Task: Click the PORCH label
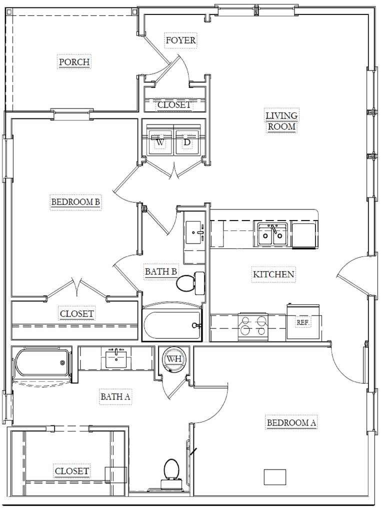[x=74, y=61]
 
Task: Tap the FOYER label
[x=180, y=40]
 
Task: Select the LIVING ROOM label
[x=281, y=121]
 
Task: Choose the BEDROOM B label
[x=75, y=202]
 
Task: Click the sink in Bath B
[x=194, y=232]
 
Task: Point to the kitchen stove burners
[x=253, y=325]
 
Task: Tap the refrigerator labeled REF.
[x=302, y=322]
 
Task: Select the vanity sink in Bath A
[x=116, y=358]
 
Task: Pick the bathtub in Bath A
[x=41, y=363]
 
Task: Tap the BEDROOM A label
[x=291, y=422]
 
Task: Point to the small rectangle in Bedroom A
[x=274, y=477]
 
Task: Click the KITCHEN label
[x=273, y=274]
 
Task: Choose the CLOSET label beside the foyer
[x=174, y=105]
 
